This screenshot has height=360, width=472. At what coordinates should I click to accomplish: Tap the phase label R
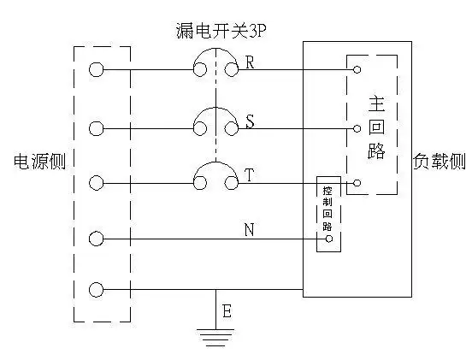click(250, 62)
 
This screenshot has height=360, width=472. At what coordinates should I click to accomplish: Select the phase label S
click(250, 121)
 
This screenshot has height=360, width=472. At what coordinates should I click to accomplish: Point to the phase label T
click(250, 175)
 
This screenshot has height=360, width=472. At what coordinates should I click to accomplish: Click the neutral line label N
click(249, 229)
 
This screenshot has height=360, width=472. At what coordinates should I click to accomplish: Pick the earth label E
click(227, 311)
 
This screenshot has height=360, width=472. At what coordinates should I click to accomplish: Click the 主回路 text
click(377, 128)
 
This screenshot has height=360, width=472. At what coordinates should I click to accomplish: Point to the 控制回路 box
click(328, 214)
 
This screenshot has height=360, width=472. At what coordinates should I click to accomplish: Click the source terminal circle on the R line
click(97, 69)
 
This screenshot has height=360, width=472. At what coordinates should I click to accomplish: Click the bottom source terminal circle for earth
click(97, 291)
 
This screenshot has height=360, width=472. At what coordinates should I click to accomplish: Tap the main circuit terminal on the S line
click(357, 129)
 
